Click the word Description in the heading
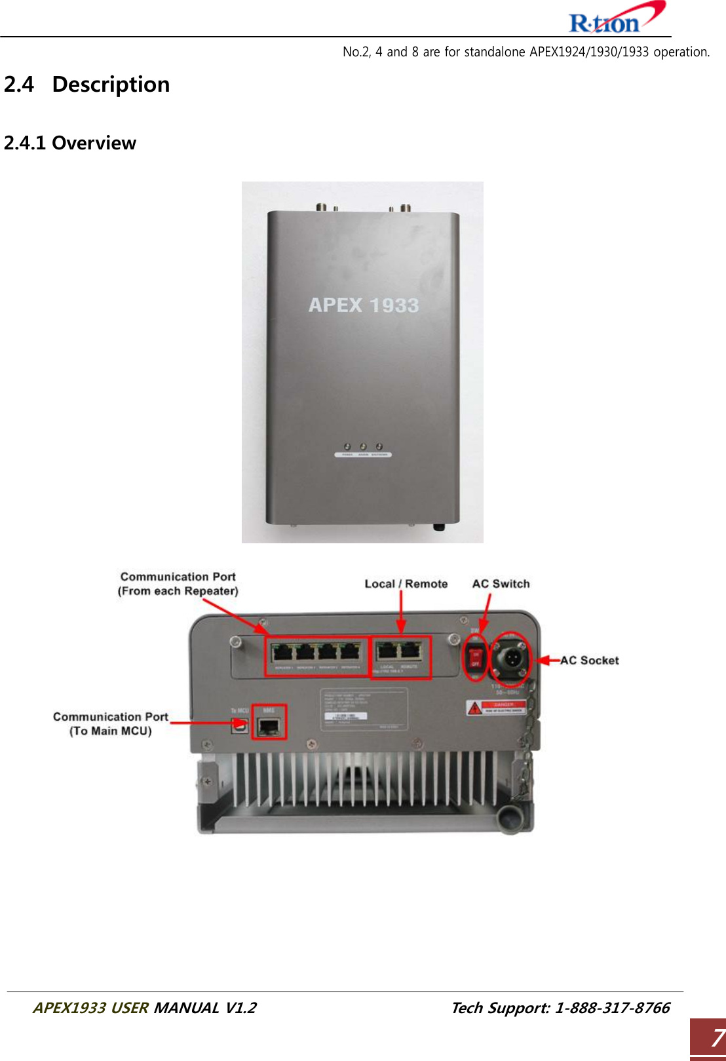click(111, 85)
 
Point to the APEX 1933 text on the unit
click(364, 305)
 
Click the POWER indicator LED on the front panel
click(347, 447)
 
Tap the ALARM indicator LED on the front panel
click(363, 447)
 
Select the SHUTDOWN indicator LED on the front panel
click(379, 447)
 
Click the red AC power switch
click(475, 656)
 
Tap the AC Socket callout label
click(589, 661)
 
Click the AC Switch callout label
click(501, 584)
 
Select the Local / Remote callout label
click(406, 584)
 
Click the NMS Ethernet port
click(269, 725)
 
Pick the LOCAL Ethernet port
click(388, 652)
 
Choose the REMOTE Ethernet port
click(410, 652)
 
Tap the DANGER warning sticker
click(496, 708)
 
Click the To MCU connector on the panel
click(240, 725)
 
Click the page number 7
click(716, 1038)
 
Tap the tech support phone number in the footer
click(612, 1008)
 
